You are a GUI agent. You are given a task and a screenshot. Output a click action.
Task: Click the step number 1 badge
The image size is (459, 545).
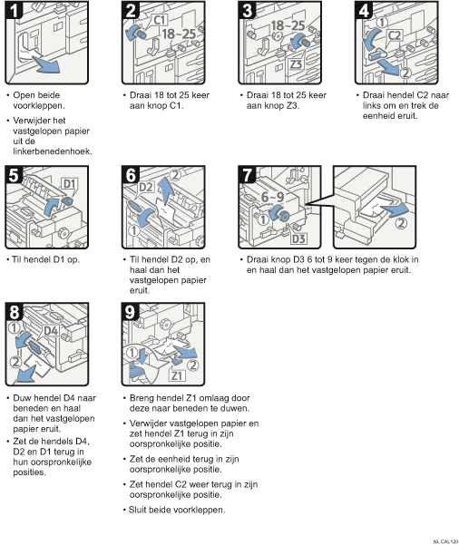tap(14, 10)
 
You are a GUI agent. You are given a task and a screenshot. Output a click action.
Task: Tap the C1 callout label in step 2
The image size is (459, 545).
tap(160, 20)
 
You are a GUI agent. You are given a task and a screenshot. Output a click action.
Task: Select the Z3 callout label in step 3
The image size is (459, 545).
tap(296, 64)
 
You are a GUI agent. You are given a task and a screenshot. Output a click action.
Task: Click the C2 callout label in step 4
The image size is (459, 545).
tap(395, 35)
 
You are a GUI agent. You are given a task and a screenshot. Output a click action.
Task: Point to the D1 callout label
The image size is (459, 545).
tap(70, 184)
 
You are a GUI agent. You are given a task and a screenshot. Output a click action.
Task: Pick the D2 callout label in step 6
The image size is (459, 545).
tap(146, 188)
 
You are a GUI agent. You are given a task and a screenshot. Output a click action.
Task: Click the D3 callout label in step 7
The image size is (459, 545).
tap(298, 238)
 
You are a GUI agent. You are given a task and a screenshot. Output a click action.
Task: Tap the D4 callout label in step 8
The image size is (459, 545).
tap(51, 331)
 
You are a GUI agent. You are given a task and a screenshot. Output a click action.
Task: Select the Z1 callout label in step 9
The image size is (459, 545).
tap(177, 375)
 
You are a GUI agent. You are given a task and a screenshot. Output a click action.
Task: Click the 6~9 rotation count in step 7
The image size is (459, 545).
tap(273, 197)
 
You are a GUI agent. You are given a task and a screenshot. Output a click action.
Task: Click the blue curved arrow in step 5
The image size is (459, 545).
tap(53, 207)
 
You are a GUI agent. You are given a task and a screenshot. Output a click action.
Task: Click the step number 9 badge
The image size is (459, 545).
tap(130, 312)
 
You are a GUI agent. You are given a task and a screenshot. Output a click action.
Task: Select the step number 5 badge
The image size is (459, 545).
tap(14, 175)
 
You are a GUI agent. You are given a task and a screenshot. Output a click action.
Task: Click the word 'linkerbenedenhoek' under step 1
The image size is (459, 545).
tap(53, 151)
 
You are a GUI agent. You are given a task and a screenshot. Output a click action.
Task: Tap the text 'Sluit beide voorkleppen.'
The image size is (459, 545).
tap(177, 510)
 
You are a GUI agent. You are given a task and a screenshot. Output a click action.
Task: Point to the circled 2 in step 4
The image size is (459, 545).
tap(405, 73)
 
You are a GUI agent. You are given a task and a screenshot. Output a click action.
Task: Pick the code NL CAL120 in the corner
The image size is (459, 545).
tap(445, 541)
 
